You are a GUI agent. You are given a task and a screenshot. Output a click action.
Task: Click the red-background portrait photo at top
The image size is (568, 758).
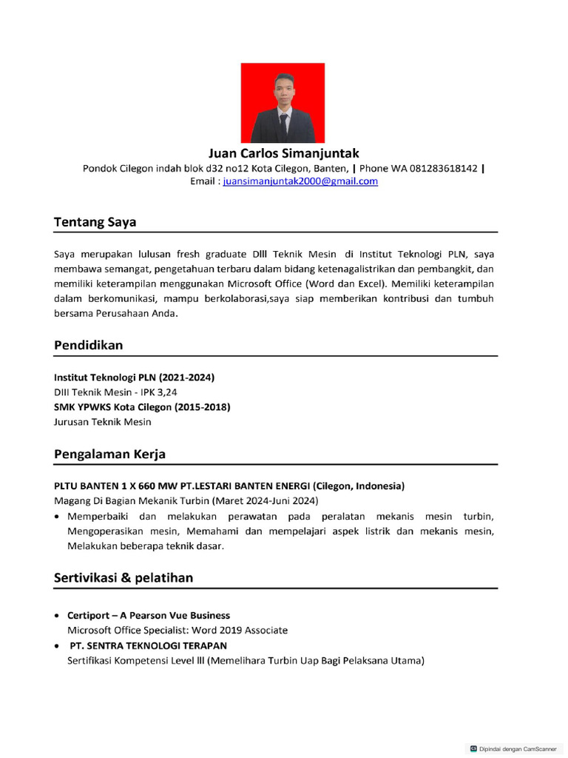point(283,103)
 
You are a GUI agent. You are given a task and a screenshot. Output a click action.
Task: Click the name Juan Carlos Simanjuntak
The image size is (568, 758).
point(283,153)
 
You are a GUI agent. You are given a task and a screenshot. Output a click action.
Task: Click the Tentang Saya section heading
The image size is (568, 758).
point(95,222)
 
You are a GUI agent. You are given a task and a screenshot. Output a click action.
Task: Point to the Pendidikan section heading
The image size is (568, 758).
point(88,346)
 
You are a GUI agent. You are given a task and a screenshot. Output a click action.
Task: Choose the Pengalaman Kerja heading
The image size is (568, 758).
point(109,454)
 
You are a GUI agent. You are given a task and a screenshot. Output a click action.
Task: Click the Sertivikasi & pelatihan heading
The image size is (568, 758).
point(124,577)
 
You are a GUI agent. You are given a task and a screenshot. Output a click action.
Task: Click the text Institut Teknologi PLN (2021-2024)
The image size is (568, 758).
point(134,378)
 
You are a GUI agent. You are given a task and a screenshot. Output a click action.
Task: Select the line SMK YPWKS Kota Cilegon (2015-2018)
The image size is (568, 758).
point(142,407)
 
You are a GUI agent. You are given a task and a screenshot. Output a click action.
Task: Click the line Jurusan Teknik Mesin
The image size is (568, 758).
point(102,422)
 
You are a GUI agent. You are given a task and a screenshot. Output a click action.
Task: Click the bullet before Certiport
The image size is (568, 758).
point(58,616)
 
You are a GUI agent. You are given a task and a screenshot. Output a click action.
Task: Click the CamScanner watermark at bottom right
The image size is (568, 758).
point(513,748)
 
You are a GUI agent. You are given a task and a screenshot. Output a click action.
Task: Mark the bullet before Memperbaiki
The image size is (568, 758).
point(58,517)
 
